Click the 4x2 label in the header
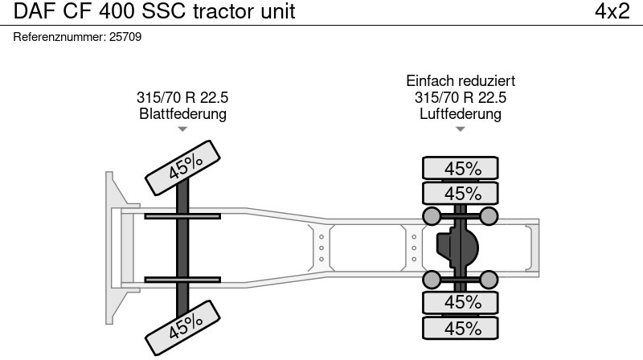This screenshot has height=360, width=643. [x=612, y=11]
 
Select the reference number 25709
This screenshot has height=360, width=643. [x=125, y=37]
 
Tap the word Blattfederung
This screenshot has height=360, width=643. [x=182, y=113]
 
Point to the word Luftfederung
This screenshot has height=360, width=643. [x=461, y=113]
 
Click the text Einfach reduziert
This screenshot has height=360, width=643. [x=461, y=81]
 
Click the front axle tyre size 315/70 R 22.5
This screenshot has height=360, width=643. [x=182, y=97]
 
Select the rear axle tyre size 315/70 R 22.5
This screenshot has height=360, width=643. [x=461, y=97]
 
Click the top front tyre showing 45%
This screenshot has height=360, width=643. [x=183, y=167]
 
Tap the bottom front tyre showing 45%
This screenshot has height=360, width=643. [x=183, y=325]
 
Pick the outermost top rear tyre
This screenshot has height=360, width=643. [x=461, y=168]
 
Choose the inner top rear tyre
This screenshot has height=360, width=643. [x=461, y=193]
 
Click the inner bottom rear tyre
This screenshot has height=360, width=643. [x=461, y=302]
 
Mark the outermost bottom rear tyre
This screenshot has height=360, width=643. [x=461, y=328]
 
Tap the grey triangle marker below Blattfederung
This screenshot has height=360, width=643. [x=182, y=129]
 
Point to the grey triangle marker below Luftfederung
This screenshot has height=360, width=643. [x=461, y=129]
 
